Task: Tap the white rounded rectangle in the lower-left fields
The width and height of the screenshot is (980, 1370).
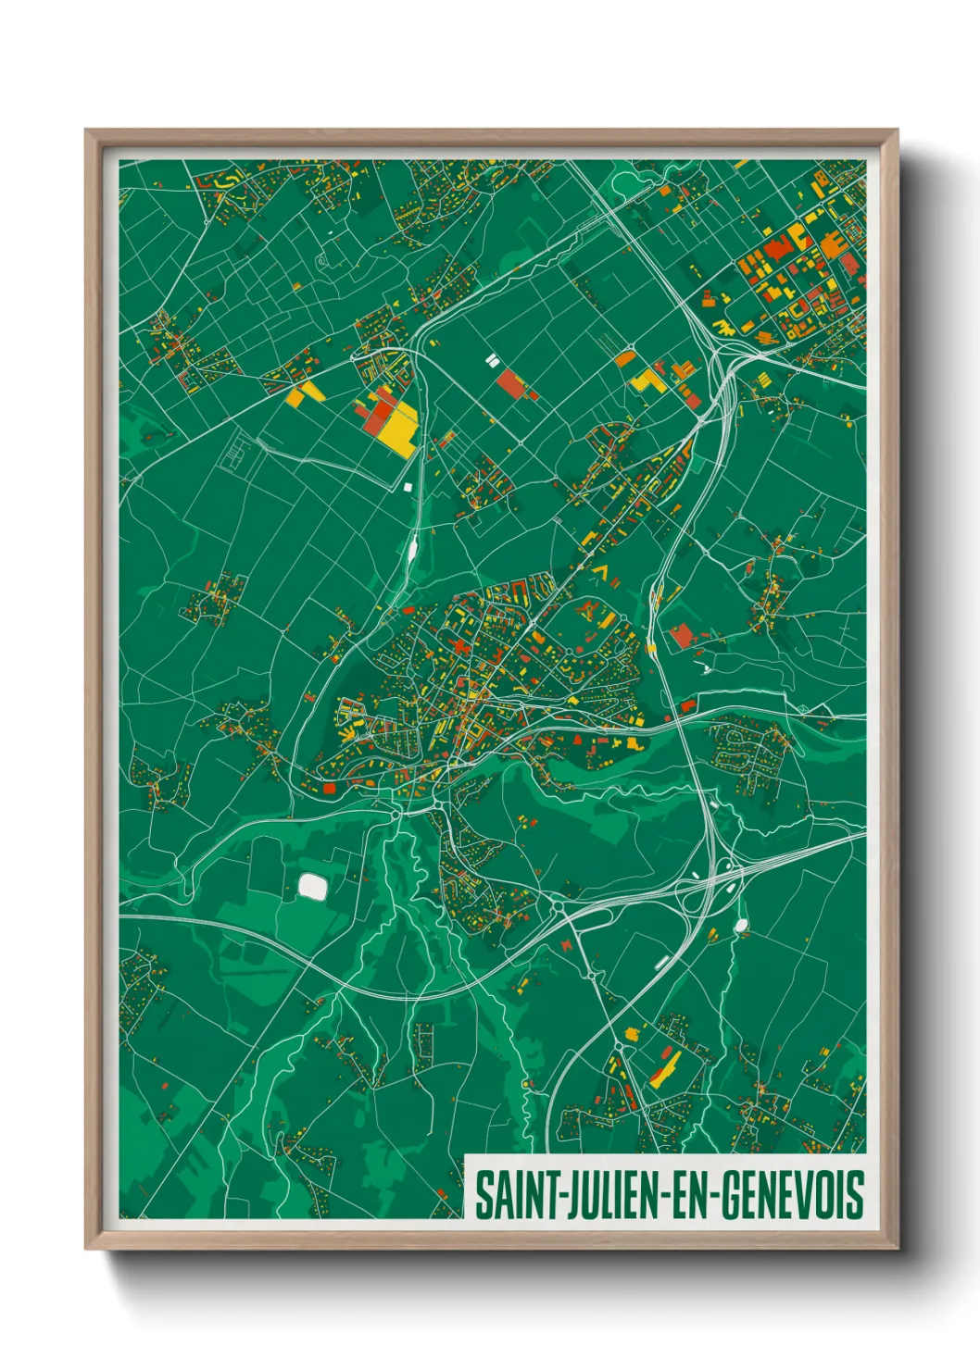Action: (x=312, y=888)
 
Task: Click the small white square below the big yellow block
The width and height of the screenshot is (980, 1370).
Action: (x=408, y=485)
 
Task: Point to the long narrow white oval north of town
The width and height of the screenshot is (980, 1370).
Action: (x=411, y=552)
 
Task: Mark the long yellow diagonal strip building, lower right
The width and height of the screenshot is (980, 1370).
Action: (x=665, y=1066)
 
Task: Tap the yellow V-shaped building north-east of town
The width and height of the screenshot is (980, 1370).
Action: (x=602, y=572)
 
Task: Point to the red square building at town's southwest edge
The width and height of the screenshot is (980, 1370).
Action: (x=329, y=789)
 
